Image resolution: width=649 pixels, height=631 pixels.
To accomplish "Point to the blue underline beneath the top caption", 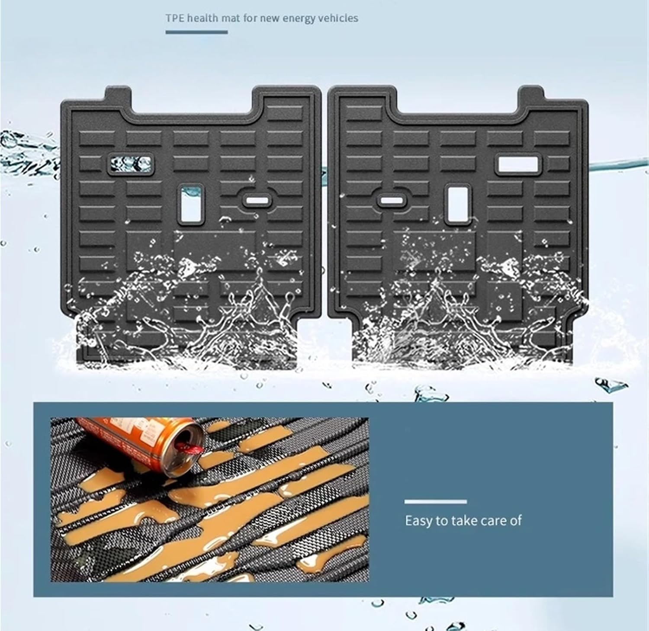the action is coord(196,32).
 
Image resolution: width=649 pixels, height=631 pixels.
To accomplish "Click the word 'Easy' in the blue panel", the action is coord(418,521).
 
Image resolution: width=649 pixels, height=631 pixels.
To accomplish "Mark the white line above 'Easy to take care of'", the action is coord(435,502).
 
